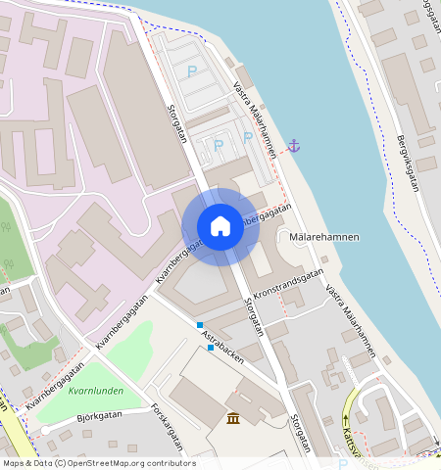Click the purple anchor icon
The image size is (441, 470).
[292, 146]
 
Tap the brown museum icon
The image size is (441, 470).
[234, 419]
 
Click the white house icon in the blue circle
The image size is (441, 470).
[220, 226]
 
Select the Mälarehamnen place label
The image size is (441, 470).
[324, 237]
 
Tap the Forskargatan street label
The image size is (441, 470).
[168, 427]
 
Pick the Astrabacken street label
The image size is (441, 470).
[221, 349]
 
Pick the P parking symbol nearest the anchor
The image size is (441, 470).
[245, 139]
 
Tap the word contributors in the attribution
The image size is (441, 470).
[170, 463]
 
